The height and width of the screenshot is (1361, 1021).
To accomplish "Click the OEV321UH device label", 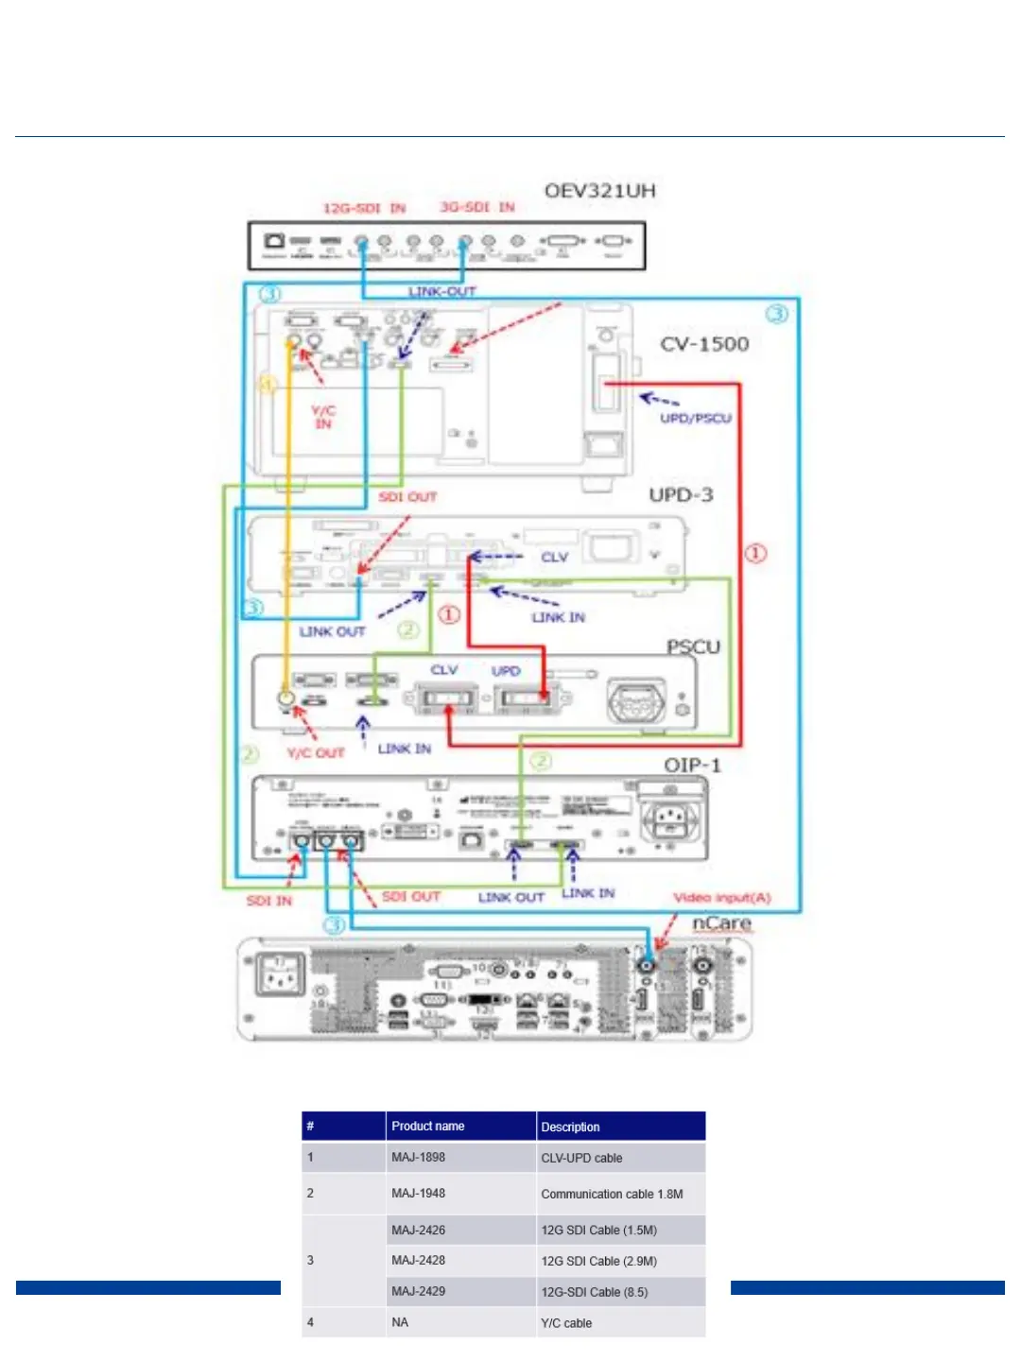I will point(599,191).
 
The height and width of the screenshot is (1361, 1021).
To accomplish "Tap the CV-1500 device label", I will point(704,344).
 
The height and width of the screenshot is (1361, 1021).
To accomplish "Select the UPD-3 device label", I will point(681,495).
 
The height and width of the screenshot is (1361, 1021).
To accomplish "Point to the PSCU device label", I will point(693,647).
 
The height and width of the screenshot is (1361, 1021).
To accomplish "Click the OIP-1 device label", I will point(692,765).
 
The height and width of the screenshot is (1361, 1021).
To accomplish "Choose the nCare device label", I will point(721,922).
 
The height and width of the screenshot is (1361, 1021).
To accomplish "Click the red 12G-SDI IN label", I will point(364,208).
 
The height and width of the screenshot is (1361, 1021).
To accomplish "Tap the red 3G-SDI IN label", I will point(477,207).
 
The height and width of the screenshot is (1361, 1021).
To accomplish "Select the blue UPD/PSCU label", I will point(696,418).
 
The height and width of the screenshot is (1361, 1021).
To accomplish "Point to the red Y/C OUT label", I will point(316,753).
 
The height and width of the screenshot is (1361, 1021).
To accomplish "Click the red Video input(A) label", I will point(721,897).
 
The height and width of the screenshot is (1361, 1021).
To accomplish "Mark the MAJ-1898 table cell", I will point(418,1158).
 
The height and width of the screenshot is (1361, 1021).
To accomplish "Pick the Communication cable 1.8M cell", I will point(612,1194).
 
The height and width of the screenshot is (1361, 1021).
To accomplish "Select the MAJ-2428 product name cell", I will point(418,1261).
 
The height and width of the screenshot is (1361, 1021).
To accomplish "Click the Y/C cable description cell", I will point(566,1323).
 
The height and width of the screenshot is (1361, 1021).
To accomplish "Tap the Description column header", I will point(570,1127).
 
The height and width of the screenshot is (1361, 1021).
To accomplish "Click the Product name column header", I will point(427,1127).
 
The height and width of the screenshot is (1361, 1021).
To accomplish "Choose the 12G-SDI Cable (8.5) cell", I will point(594,1292).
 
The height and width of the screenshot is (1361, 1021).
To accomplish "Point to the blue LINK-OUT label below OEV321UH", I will point(441,292).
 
